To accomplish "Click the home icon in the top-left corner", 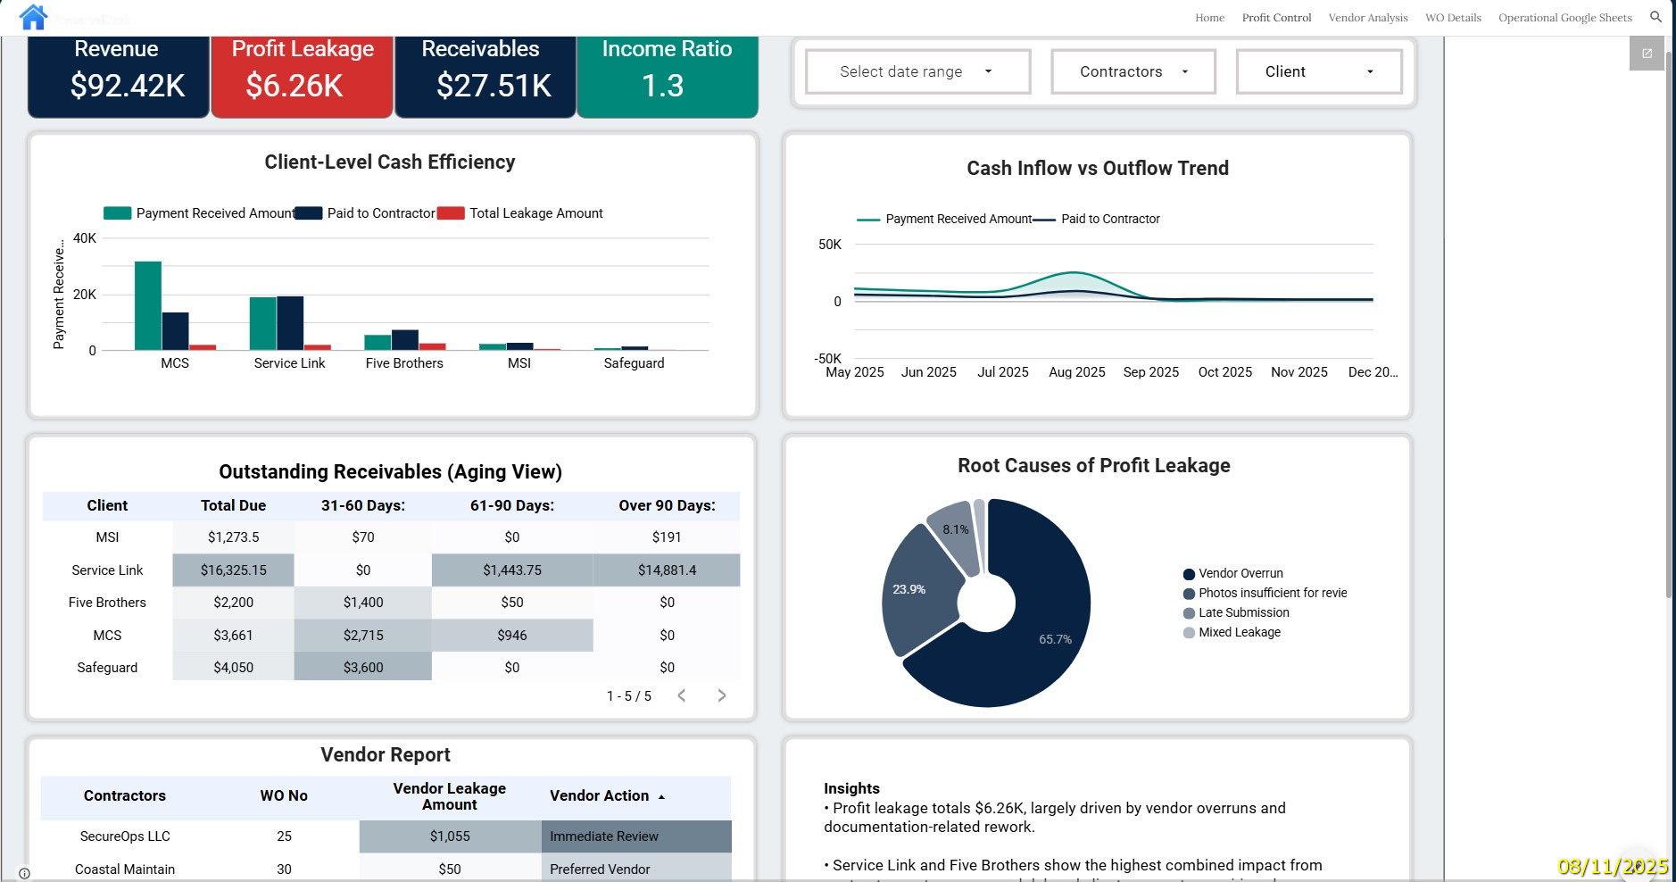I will (x=33, y=17).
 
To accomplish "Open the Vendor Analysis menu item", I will (x=1367, y=18).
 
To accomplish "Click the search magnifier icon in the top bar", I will (x=1655, y=17).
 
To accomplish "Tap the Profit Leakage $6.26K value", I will (x=295, y=86).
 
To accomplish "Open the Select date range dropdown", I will (x=917, y=71).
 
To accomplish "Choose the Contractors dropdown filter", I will (x=1133, y=71).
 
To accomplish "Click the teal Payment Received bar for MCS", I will (x=148, y=306).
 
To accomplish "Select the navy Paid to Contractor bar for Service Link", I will (x=290, y=323).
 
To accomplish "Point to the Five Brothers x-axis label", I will (x=404, y=363).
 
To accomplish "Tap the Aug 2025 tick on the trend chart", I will (x=1076, y=372).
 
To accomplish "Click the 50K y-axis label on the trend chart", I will (x=829, y=245).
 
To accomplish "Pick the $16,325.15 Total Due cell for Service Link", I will (x=233, y=570).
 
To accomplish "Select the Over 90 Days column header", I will (x=667, y=505).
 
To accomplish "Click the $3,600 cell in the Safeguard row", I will (x=363, y=668).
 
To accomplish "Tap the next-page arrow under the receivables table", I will (x=721, y=695).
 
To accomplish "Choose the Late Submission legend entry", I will (x=1243, y=612).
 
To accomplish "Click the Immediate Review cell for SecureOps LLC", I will (x=635, y=836).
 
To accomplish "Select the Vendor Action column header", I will (x=600, y=796).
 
